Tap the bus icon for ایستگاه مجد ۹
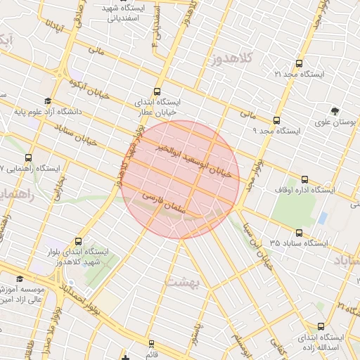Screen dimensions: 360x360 point(276,120)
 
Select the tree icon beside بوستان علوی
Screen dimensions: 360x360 point(335,111)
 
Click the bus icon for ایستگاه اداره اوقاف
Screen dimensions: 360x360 point(304,179)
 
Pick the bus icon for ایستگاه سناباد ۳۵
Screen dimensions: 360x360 point(299,233)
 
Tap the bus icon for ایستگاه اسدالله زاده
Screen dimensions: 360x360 point(322,326)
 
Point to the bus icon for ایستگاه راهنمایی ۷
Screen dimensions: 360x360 point(28,158)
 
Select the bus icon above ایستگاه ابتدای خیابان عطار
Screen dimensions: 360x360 point(156,91)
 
